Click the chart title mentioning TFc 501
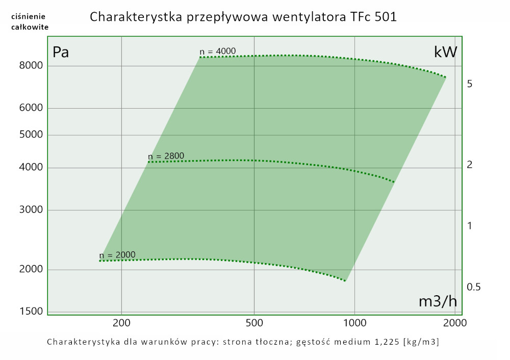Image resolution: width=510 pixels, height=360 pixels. pyautogui.click(x=243, y=17)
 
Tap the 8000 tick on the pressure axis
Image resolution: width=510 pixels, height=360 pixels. pyautogui.click(x=30, y=66)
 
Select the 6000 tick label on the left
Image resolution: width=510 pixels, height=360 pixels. pyautogui.click(x=30, y=108)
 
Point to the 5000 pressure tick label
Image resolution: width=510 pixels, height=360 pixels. pyautogui.click(x=30, y=135)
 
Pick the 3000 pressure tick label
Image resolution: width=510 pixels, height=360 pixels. pyautogui.click(x=30, y=210)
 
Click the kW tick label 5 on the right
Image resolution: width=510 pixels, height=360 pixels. pyautogui.click(x=470, y=84)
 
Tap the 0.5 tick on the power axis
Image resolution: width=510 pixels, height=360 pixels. pyautogui.click(x=474, y=287)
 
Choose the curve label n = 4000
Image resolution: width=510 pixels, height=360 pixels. pyautogui.click(x=218, y=51)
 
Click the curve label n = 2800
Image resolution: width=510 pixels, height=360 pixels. pyautogui.click(x=166, y=156)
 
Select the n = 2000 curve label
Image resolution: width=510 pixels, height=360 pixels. pyautogui.click(x=117, y=255)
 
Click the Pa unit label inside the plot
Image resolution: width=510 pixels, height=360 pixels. pyautogui.click(x=61, y=52)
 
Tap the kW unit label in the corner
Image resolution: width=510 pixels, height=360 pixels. pyautogui.click(x=445, y=52)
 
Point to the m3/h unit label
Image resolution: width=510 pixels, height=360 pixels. pyautogui.click(x=438, y=301)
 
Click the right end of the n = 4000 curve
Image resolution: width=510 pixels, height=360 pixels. pyautogui.click(x=445, y=77)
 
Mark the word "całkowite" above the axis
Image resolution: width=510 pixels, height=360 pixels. pyautogui.click(x=30, y=27)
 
